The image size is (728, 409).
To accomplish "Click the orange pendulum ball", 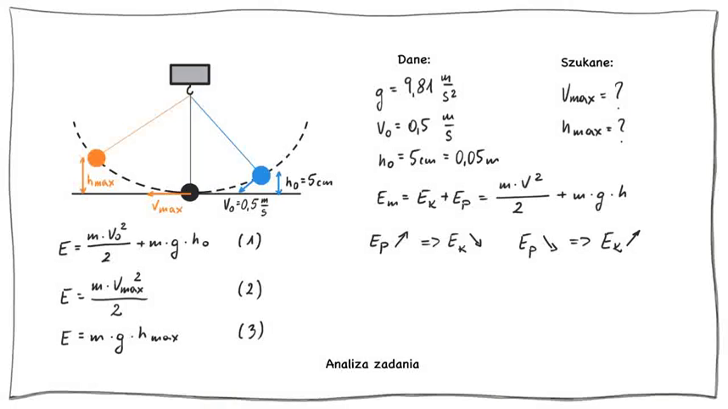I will coord(97,158).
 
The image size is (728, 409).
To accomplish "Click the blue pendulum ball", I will coord(260,176).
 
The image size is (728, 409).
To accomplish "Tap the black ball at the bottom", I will coord(190,193).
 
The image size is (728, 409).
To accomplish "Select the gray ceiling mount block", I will coord(189,75).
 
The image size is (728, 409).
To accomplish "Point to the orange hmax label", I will coord(101,181).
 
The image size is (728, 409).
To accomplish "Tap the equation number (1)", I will coord(249,241).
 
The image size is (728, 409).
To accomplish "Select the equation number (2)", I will coord(249,289).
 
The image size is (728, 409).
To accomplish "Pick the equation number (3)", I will coord(250,331).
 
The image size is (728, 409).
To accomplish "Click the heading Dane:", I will coord(414,59).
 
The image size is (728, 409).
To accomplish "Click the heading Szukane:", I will coord(587,63).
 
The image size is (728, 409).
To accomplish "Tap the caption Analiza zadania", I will coord(372,364).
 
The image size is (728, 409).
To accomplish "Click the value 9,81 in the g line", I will coord(420,87).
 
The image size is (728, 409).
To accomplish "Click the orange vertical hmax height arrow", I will coord(83,175).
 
